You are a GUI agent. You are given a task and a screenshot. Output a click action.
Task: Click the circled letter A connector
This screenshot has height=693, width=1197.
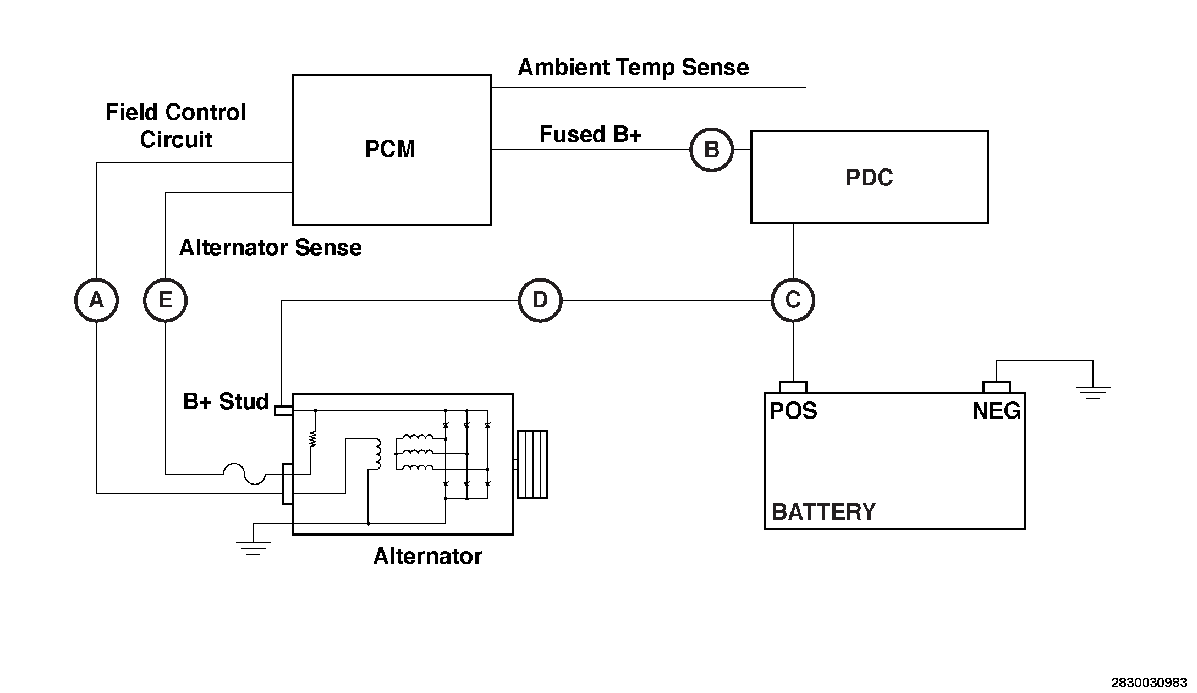[x=96, y=300]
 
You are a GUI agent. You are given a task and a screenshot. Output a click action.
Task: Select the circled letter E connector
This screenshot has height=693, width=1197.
[x=165, y=300]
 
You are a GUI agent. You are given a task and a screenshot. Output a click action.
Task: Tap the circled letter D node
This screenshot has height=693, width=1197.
[x=540, y=300]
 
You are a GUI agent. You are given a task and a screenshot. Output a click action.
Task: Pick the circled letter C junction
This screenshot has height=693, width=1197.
[x=793, y=300]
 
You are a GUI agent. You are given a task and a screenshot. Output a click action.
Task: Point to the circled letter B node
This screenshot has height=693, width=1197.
[x=711, y=150]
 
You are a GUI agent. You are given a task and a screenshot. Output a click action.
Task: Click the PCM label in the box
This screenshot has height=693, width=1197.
[x=390, y=150]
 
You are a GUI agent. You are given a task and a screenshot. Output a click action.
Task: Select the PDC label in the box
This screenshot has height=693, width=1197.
[x=869, y=178]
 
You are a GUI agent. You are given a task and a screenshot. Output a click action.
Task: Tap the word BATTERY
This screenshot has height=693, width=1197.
[x=823, y=512]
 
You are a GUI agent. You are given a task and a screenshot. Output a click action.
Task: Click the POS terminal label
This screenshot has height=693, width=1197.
[x=793, y=411]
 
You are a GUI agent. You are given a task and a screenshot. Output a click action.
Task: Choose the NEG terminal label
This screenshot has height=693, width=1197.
[x=996, y=411]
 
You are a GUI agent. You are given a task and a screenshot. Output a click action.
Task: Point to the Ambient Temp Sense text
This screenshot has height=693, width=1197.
[x=633, y=68]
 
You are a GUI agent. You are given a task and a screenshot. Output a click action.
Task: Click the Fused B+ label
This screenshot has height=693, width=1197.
[x=590, y=135]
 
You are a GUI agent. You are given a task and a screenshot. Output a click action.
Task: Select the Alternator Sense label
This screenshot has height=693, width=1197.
[x=270, y=248]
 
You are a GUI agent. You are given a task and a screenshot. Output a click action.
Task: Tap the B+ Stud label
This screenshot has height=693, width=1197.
[x=226, y=402]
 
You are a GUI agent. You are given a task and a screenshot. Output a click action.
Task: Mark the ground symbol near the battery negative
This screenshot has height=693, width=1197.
[x=1093, y=392]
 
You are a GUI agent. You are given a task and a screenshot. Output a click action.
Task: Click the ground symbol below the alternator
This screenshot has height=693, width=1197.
[x=253, y=548]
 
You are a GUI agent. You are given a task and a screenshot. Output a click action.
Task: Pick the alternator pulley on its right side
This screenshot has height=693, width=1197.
[x=532, y=464]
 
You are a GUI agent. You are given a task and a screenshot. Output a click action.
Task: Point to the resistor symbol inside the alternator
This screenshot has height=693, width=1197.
[x=314, y=438]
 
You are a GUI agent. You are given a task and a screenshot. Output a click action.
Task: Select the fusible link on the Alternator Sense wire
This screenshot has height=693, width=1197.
[x=244, y=474]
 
